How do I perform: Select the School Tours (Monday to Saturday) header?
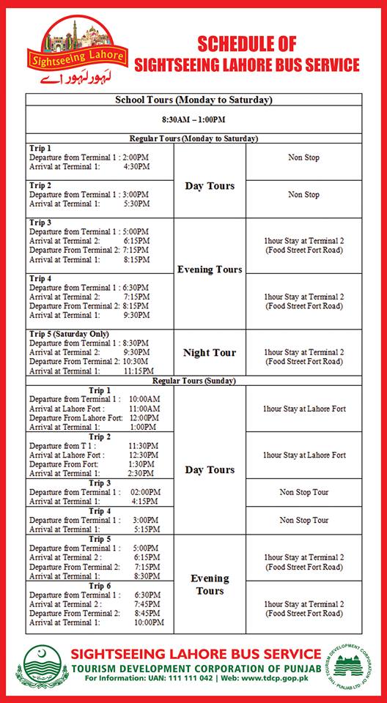click(x=193, y=100)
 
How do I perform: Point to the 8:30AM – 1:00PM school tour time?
click(x=193, y=119)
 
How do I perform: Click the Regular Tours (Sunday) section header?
click(x=193, y=381)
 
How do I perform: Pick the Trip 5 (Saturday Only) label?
click(x=69, y=334)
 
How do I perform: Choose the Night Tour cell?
click(x=210, y=353)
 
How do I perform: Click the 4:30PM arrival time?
click(x=136, y=166)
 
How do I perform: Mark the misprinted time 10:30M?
click(x=137, y=362)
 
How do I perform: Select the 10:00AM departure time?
click(x=144, y=399)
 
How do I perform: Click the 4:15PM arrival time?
click(x=144, y=502)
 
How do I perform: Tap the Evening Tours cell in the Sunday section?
click(x=210, y=584)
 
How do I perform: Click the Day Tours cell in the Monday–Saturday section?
click(x=210, y=186)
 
